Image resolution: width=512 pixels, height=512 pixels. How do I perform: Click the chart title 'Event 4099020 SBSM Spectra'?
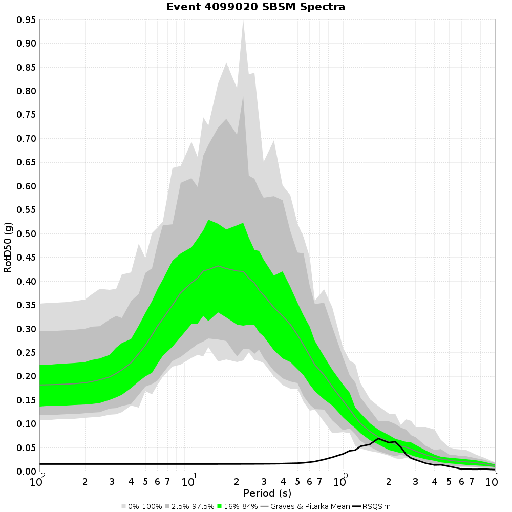[256, 7]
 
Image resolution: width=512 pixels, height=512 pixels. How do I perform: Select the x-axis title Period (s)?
[267, 493]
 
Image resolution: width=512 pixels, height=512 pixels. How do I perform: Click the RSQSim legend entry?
[376, 506]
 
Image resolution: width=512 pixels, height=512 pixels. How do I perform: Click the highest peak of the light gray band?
[243, 20]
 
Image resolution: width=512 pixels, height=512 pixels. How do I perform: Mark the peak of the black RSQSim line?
[378, 438]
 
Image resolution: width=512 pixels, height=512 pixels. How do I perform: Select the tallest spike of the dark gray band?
[243, 95]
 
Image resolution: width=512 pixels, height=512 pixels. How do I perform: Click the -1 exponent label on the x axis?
[193, 475]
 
